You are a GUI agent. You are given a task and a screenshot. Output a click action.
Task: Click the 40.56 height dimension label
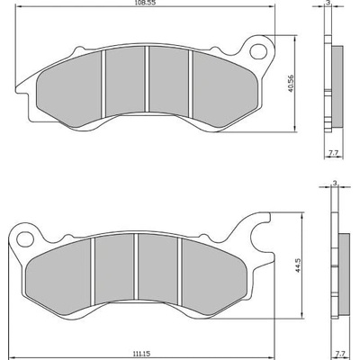coord(290,83)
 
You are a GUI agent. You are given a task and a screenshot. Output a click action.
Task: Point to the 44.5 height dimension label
coord(297,266)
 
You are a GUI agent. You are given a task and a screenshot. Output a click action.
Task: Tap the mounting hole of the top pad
coord(258,51)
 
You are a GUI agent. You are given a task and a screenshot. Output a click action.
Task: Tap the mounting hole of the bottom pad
coord(25,239)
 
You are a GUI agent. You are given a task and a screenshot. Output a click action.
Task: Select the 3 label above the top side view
coord(328,3)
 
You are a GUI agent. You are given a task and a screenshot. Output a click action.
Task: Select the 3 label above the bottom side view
coord(335,183)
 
